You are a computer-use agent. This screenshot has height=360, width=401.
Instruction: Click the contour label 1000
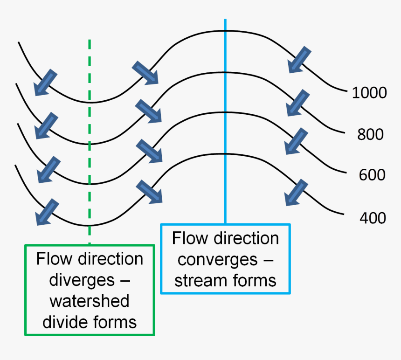(369, 93)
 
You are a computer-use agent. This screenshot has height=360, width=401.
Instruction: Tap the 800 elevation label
(370, 134)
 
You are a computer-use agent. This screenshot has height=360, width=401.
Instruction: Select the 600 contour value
(372, 175)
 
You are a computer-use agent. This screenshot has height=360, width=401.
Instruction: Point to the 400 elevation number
(373, 217)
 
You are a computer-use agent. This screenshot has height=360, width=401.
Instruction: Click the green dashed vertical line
(89, 140)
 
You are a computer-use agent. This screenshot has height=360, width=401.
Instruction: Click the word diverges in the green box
(80, 280)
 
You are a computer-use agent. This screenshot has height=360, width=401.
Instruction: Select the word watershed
(90, 301)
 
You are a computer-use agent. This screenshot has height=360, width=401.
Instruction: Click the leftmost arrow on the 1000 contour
(45, 83)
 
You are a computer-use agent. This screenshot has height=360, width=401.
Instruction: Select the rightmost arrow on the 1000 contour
(299, 60)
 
